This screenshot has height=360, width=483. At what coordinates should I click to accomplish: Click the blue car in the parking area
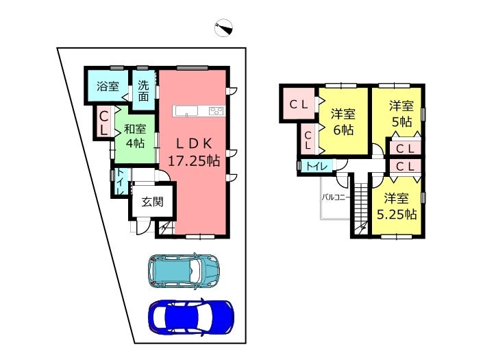[x=191, y=316]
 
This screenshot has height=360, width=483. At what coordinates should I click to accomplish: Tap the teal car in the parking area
[x=183, y=270]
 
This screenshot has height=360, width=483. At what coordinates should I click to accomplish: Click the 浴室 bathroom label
[x=107, y=87]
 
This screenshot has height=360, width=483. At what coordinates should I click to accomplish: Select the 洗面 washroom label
[x=143, y=91]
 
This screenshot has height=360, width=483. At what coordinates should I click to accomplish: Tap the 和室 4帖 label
[x=135, y=136]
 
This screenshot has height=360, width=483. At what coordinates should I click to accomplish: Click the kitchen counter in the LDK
[x=199, y=111]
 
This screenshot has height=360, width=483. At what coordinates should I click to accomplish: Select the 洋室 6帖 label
[x=343, y=121]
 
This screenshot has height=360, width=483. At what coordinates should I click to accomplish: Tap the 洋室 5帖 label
[x=401, y=114]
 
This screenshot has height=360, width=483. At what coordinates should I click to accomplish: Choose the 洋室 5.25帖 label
[x=397, y=206]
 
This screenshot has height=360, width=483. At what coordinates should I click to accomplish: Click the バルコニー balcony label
[x=336, y=197]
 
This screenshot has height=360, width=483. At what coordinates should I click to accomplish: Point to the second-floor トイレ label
[x=316, y=166]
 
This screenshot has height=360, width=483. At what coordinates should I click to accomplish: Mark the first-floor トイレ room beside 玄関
[x=119, y=182]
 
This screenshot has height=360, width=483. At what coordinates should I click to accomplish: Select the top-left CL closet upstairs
[x=297, y=104]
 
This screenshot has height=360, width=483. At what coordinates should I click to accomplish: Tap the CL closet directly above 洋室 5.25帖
[x=404, y=167]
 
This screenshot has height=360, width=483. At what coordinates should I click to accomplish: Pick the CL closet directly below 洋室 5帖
[x=404, y=148]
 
